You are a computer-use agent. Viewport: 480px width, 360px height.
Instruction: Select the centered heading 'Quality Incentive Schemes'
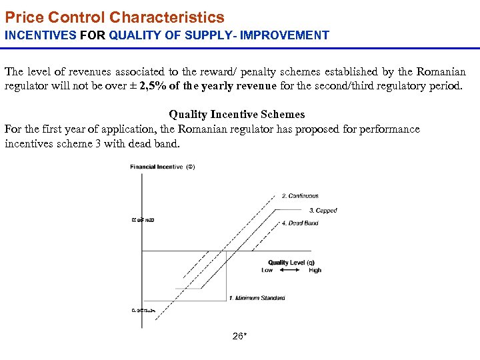[x=237, y=115]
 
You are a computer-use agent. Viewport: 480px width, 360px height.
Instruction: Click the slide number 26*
[x=240, y=337]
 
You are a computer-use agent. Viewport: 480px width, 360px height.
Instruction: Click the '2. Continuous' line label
[x=300, y=196]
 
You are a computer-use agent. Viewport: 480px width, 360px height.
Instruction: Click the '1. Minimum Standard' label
[x=257, y=298]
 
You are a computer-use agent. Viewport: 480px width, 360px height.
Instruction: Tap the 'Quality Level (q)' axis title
[x=291, y=263]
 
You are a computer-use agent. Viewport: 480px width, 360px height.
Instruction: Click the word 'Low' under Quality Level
[x=267, y=271]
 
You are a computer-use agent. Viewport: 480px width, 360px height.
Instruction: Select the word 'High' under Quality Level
[x=315, y=271]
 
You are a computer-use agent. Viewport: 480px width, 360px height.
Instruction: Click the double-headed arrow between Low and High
[x=291, y=271]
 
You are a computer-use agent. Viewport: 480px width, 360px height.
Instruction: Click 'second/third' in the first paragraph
[x=361, y=86]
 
